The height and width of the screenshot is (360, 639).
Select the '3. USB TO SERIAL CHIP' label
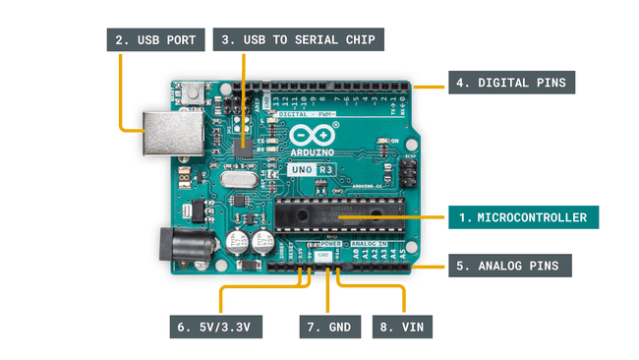[298, 40]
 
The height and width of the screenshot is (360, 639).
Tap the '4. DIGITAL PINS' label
[511, 83]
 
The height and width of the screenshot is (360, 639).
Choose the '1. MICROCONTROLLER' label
[522, 217]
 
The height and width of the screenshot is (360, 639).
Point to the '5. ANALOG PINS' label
[510, 266]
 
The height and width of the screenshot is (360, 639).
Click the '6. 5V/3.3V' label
[217, 327]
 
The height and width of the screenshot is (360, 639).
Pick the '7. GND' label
[328, 327]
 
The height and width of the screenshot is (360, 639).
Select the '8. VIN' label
[404, 327]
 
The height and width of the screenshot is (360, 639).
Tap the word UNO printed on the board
[300, 170]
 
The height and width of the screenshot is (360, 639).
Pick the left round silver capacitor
[238, 242]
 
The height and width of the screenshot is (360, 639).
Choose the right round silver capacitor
[262, 242]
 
